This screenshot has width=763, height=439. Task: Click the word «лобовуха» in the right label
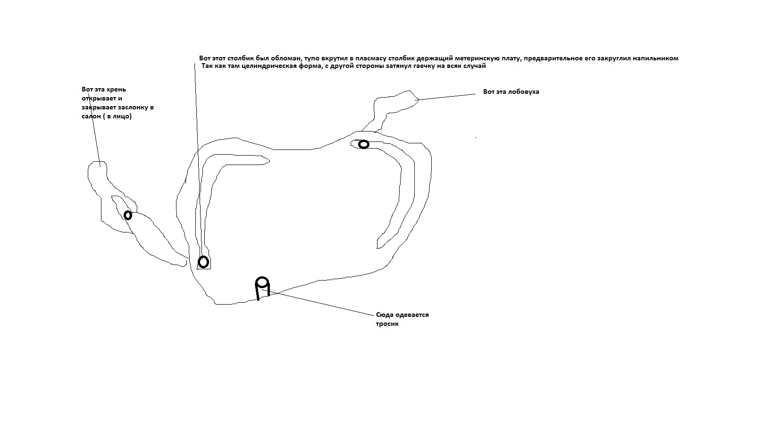tap(524, 91)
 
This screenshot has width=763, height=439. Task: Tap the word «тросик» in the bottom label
tap(387, 324)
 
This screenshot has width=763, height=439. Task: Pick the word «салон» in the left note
tap(91, 116)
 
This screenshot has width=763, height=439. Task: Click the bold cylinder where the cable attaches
tap(262, 288)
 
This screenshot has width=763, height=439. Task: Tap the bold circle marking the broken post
tap(203, 262)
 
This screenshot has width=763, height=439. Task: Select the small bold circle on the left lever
tap(128, 215)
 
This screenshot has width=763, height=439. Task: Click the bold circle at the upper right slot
tap(364, 144)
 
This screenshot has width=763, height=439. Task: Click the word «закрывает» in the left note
tap(99, 107)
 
